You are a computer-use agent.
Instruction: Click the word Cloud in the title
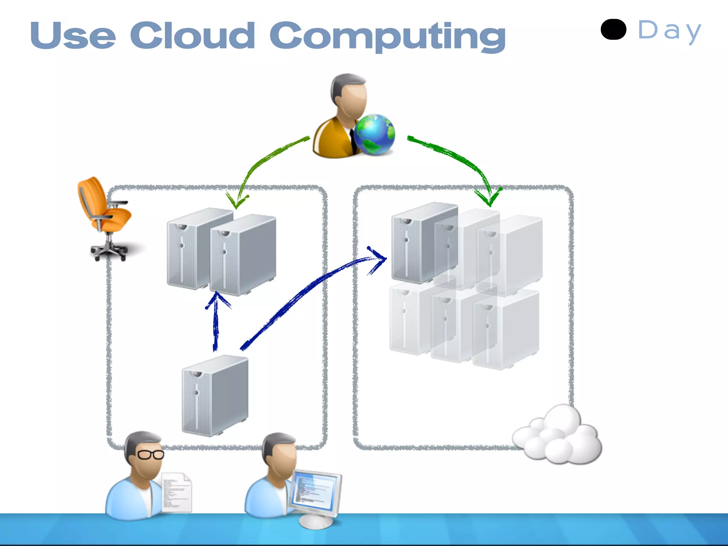(192, 36)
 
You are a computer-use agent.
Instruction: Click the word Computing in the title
(387, 37)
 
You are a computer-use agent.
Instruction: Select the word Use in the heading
(73, 36)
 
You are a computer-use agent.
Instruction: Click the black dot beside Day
(613, 30)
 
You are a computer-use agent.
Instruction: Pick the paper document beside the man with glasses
(177, 492)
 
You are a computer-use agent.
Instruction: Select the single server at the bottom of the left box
(215, 395)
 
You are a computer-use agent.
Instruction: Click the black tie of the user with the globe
(353, 141)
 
